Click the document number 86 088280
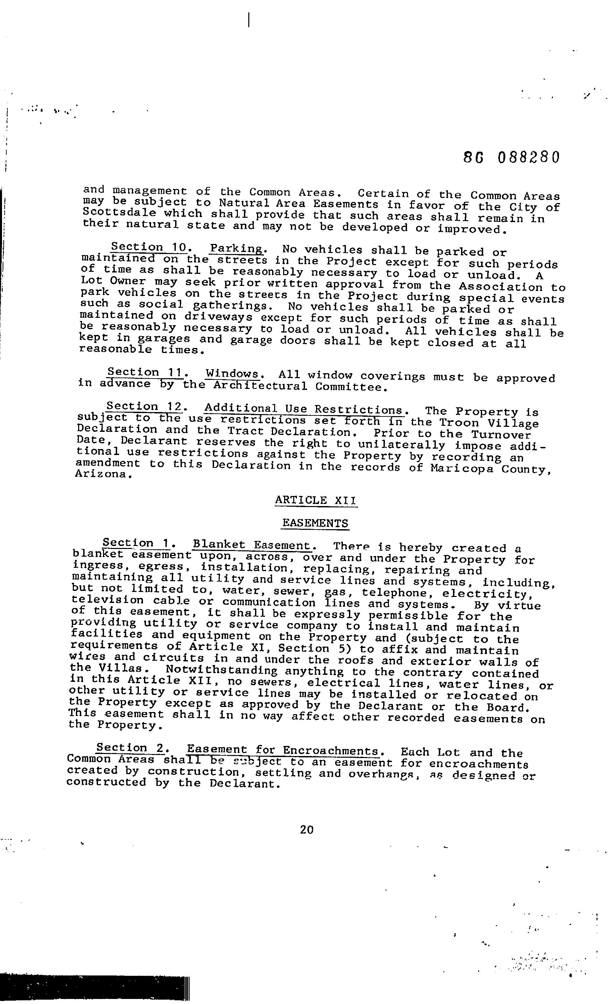coord(512,157)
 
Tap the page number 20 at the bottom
coord(306,829)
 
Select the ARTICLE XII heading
coord(316,500)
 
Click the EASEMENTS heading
coord(315,523)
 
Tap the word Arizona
coord(103,475)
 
